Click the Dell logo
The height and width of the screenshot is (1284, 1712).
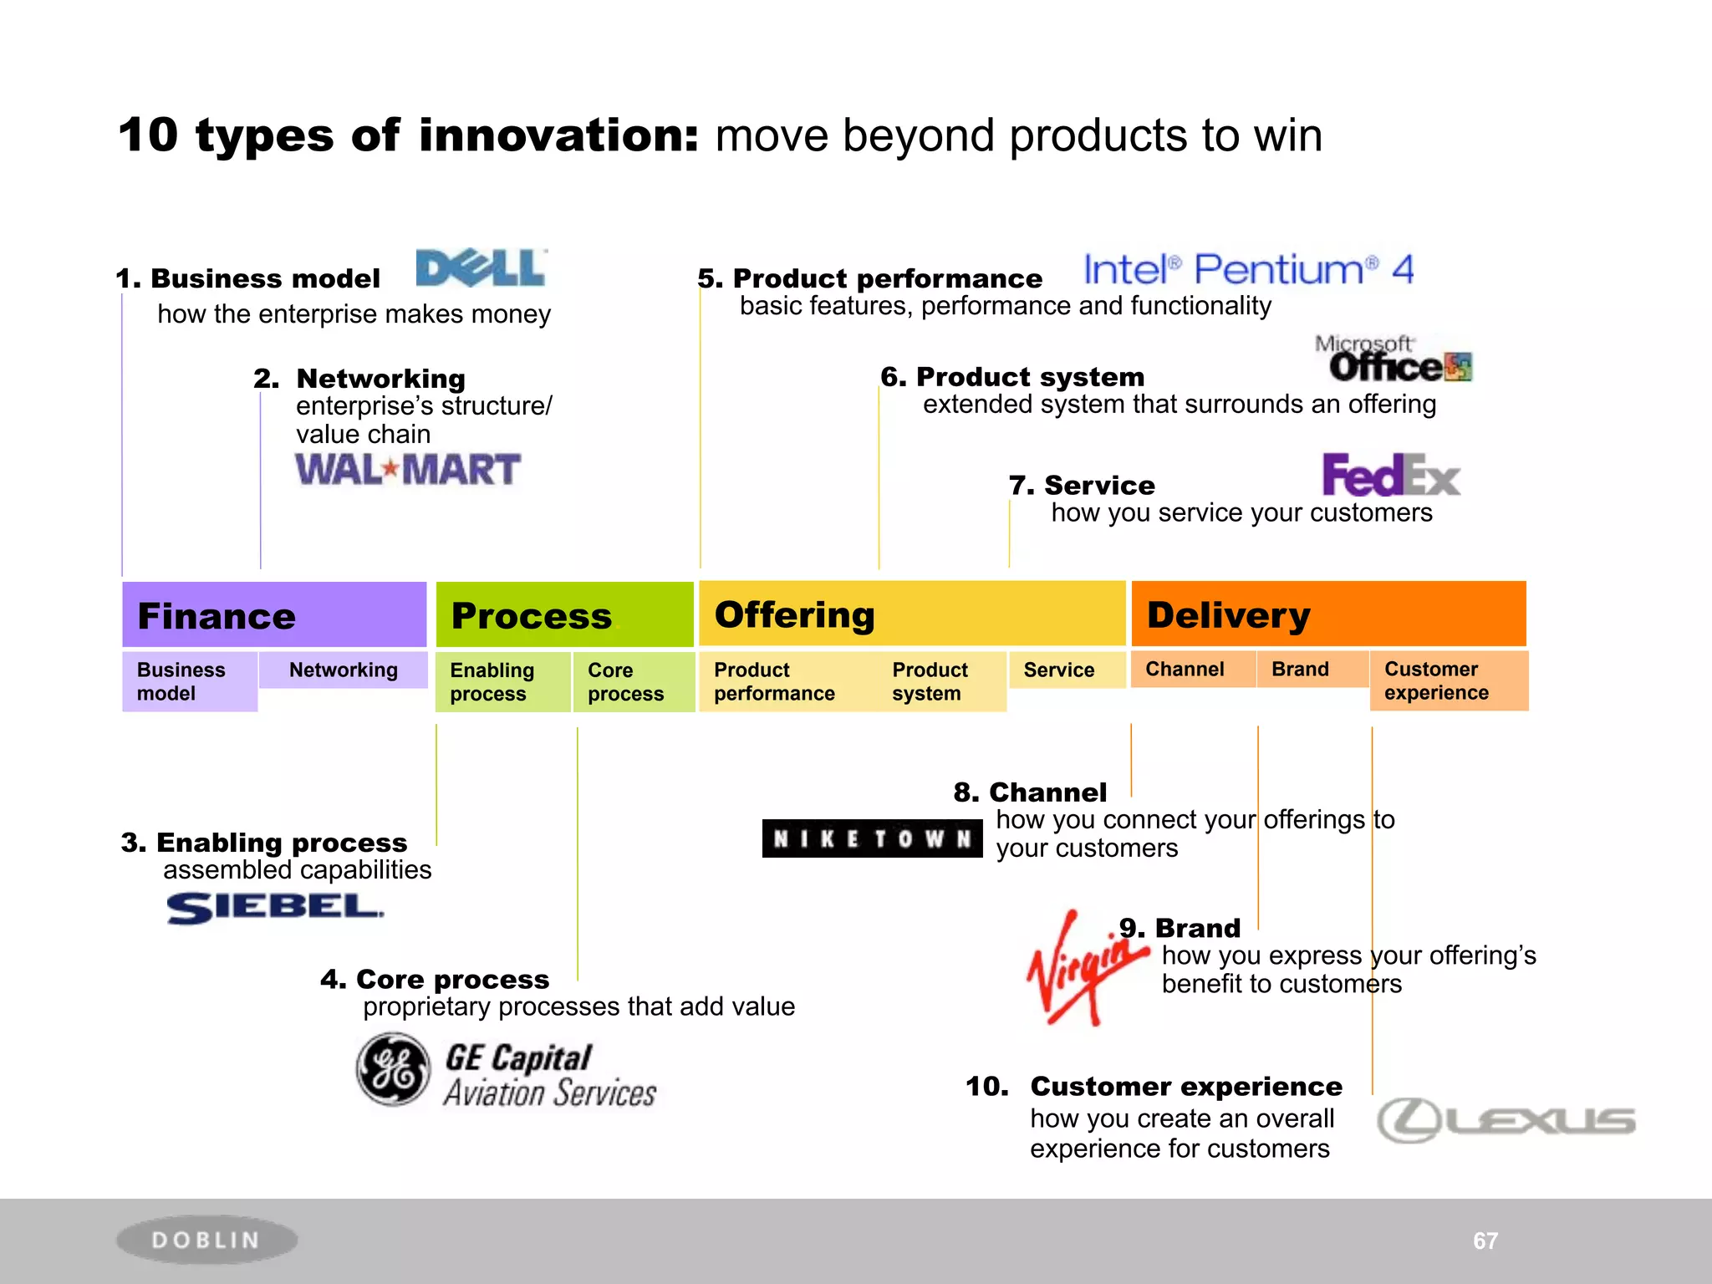point(481,268)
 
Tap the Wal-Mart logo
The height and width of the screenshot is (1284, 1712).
point(408,470)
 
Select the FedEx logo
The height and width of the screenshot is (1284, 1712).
point(1390,476)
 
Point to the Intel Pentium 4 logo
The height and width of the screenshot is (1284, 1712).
point(1248,270)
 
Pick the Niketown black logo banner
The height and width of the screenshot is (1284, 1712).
point(872,838)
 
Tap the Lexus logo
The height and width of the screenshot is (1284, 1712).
point(1506,1120)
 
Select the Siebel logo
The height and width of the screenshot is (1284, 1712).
point(274,908)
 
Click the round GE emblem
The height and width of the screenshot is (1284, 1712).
point(393,1069)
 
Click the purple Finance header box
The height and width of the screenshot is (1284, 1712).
point(274,615)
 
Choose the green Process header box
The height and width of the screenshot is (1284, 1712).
point(564,615)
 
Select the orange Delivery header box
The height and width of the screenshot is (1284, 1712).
point(1328,614)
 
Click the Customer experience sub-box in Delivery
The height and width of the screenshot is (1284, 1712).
point(1448,681)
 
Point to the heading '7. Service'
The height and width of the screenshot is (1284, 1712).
point(1082,486)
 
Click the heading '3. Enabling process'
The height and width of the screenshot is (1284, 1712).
point(264,843)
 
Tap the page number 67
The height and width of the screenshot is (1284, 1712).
point(1485,1241)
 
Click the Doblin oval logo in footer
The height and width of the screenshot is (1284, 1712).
point(206,1240)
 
